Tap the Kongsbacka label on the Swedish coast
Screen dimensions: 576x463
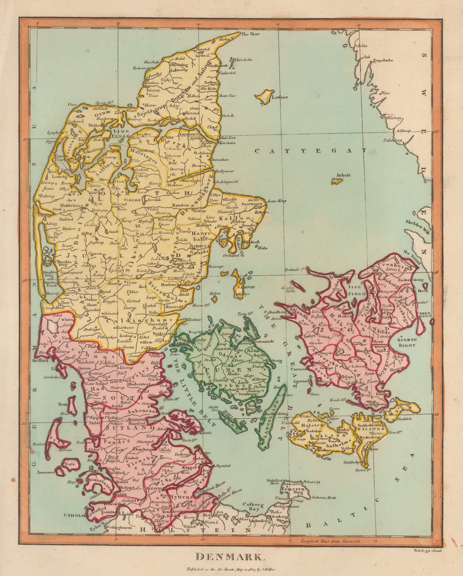click(382, 60)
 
